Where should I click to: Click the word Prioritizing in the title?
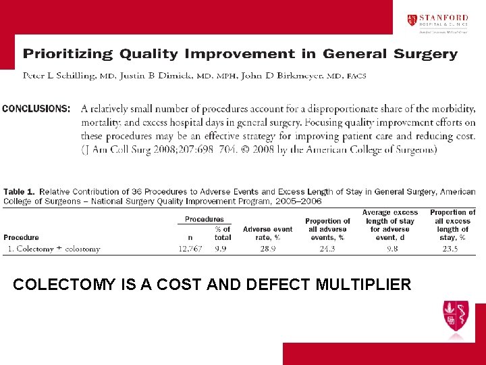(68, 54)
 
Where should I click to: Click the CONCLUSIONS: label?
(36, 108)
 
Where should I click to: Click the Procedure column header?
(21, 237)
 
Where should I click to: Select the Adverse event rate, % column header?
(268, 233)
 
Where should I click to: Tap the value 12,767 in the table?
(190, 249)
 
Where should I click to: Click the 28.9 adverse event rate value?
(267, 249)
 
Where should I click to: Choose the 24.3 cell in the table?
(328, 249)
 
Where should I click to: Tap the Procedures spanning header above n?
(205, 220)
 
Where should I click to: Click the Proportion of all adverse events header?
(328, 229)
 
